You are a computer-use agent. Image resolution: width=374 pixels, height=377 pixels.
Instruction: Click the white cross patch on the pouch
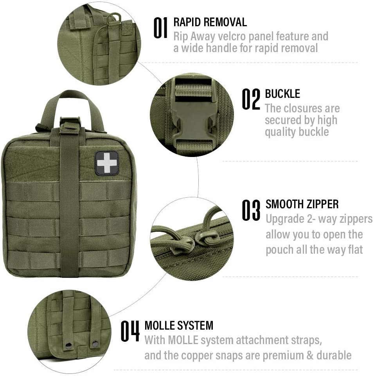(107, 163)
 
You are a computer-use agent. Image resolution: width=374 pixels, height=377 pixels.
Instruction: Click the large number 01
(160, 28)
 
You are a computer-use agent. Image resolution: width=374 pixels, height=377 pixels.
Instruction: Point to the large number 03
(251, 210)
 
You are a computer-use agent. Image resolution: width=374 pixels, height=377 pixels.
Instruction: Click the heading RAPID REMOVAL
(210, 22)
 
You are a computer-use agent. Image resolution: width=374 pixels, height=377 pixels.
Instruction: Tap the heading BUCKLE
(282, 94)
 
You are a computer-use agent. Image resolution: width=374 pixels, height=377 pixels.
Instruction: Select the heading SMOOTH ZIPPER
(302, 204)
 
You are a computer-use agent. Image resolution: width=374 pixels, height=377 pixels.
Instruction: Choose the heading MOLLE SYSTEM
(179, 326)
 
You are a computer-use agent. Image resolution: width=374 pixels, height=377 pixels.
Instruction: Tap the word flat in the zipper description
(355, 249)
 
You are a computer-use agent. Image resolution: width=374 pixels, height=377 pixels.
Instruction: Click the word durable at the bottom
(334, 355)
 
